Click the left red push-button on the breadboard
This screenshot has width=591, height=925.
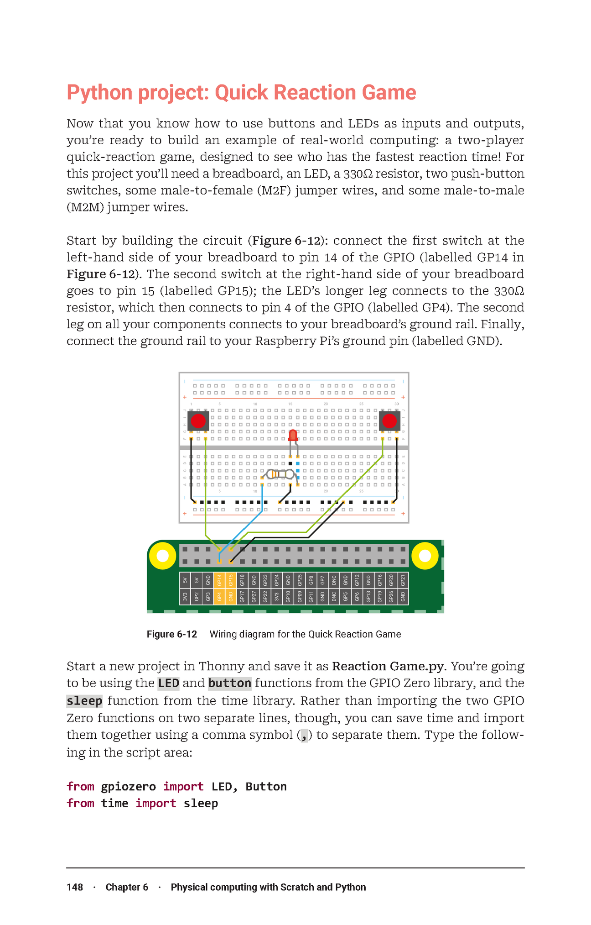(198, 420)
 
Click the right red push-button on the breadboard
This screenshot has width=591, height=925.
(389, 420)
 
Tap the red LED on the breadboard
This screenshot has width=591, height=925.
(293, 435)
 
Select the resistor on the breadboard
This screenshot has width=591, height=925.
(279, 474)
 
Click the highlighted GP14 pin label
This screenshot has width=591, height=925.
(219, 580)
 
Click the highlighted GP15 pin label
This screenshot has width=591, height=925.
(231, 580)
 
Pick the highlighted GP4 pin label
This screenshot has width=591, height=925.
(219, 597)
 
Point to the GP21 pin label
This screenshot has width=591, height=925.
(403, 580)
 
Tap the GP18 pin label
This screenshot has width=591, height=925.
(242, 580)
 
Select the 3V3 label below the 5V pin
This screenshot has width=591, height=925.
(185, 597)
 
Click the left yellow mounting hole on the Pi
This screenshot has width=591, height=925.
(163, 556)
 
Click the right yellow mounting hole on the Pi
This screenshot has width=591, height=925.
(425, 556)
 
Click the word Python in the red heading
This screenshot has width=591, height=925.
(99, 93)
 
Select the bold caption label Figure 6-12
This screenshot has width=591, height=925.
(172, 634)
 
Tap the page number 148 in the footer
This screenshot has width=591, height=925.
(75, 887)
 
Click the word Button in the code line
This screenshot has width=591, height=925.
(266, 787)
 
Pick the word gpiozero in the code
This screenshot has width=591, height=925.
(128, 787)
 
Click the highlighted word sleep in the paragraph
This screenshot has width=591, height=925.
(84, 701)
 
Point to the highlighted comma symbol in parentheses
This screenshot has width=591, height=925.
(304, 735)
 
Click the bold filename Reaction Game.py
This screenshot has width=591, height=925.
(388, 667)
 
